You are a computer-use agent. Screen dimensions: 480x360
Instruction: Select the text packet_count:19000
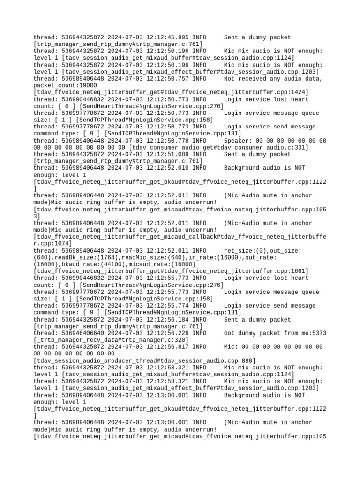[x=65, y=85]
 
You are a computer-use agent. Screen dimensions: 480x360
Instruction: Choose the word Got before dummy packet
[x=230, y=333]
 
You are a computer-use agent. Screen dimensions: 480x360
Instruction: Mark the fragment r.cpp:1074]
[x=52, y=243]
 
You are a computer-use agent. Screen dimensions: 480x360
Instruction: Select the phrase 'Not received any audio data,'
[x=273, y=79]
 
